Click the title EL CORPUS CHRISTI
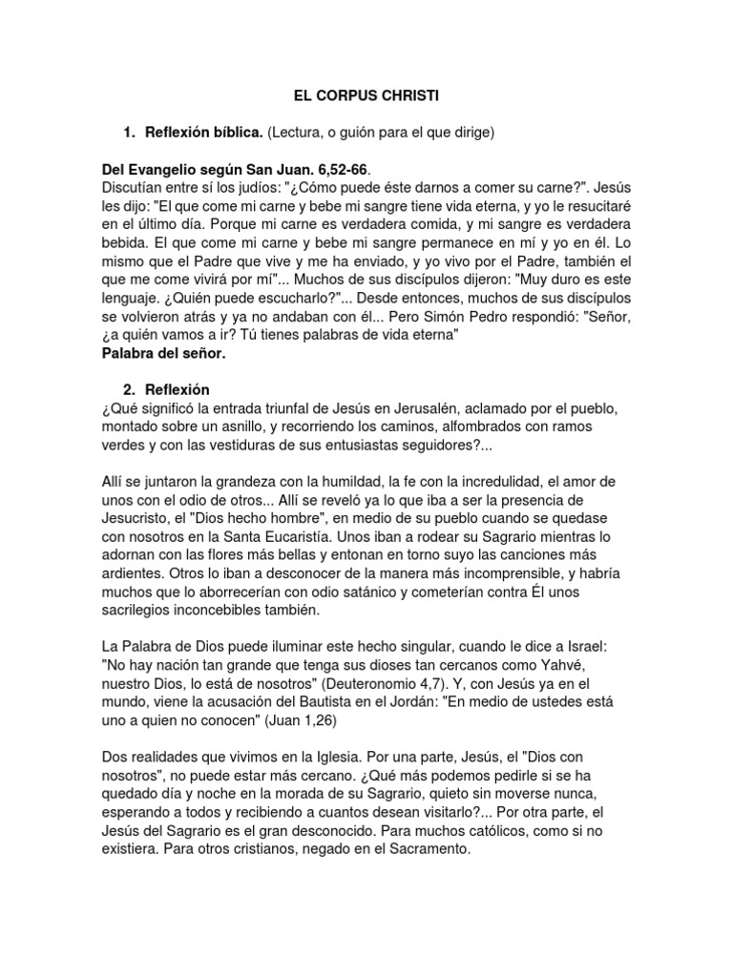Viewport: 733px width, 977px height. [366, 96]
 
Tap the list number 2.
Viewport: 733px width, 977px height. [127, 390]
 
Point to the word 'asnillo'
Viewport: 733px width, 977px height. [259, 427]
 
